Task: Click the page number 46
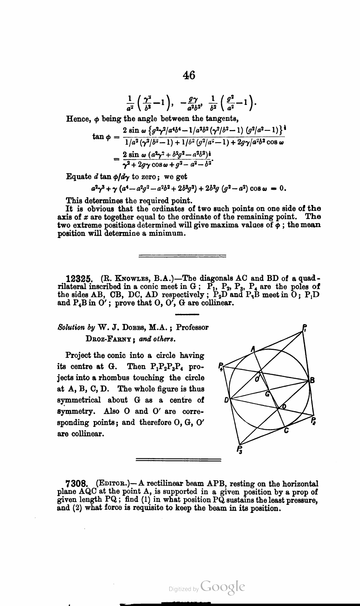189,75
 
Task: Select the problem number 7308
76,484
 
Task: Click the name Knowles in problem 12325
128,279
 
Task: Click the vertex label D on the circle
226,400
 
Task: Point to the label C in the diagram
286,431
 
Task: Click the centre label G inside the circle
267,394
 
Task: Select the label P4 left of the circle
221,366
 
